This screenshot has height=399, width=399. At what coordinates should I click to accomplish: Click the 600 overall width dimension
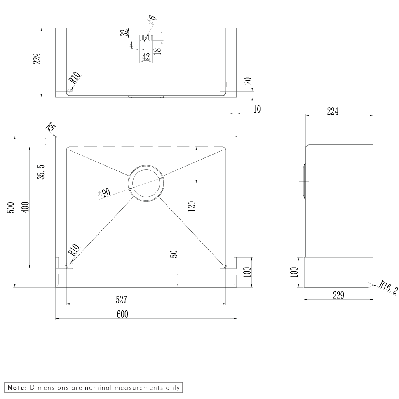(122, 314)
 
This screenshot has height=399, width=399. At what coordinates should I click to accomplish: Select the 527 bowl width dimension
(121, 300)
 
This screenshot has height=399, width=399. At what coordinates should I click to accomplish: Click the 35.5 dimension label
(41, 172)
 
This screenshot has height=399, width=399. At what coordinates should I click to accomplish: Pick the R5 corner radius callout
(51, 127)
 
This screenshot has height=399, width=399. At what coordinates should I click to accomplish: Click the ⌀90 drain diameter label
(104, 193)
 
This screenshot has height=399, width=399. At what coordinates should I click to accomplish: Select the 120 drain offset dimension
(192, 207)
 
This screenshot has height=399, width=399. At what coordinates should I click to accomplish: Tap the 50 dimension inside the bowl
(174, 254)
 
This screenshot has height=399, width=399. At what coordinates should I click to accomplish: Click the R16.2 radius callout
(388, 287)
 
